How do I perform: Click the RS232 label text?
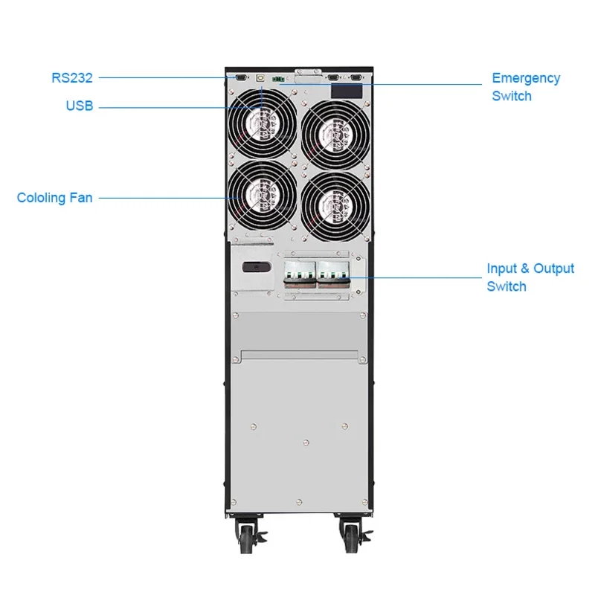[72, 77]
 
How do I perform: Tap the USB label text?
[80, 106]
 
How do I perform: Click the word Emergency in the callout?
[526, 78]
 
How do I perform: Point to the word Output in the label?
[553, 268]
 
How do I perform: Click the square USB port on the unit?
[258, 77]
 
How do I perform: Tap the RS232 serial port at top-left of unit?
[240, 76]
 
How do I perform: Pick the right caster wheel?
[350, 533]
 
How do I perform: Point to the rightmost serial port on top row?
[356, 77]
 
